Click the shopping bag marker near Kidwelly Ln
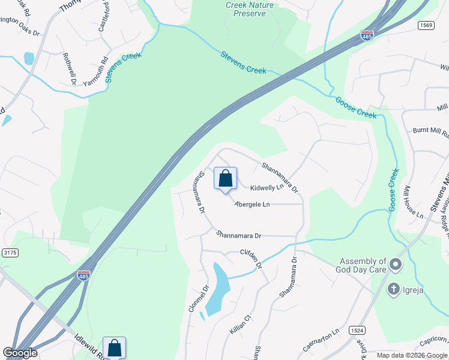tap(225, 179)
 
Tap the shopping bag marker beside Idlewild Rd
tap(114, 348)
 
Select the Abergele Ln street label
tap(252, 205)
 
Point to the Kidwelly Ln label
tap(266, 188)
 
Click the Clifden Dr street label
tap(252, 258)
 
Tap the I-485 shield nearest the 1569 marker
tap(367, 36)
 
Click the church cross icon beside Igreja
tap(394, 289)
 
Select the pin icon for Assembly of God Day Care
tap(395, 264)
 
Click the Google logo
tap(20, 353)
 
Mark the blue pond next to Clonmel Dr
tap(217, 291)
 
